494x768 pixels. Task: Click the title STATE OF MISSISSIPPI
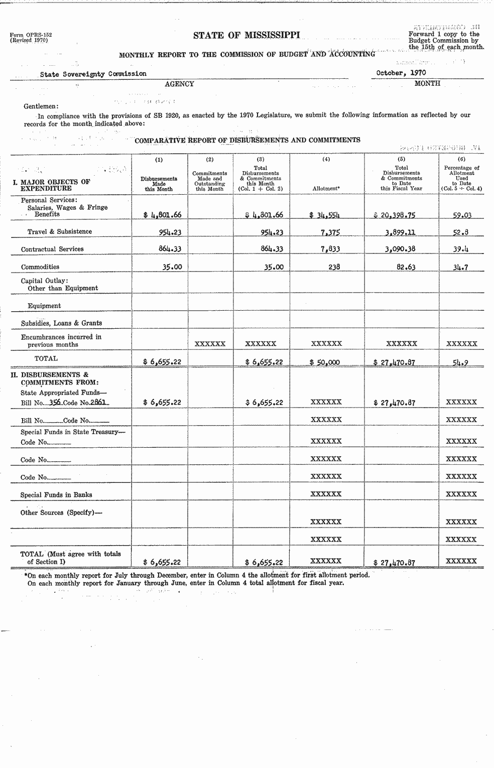coord(246,35)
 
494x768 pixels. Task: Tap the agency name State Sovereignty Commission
coord(93,74)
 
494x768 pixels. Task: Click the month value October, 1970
coord(401,73)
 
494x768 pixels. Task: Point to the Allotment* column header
coord(326,188)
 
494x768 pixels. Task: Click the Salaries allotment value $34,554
coord(325,215)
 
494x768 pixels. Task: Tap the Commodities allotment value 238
coord(334,267)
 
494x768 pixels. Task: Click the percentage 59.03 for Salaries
coord(462,215)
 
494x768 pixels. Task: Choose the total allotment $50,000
coord(325,362)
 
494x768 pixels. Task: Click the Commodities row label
coord(40,267)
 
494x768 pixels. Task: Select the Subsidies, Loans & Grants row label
coord(61,323)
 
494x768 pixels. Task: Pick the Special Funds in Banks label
coord(56,495)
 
